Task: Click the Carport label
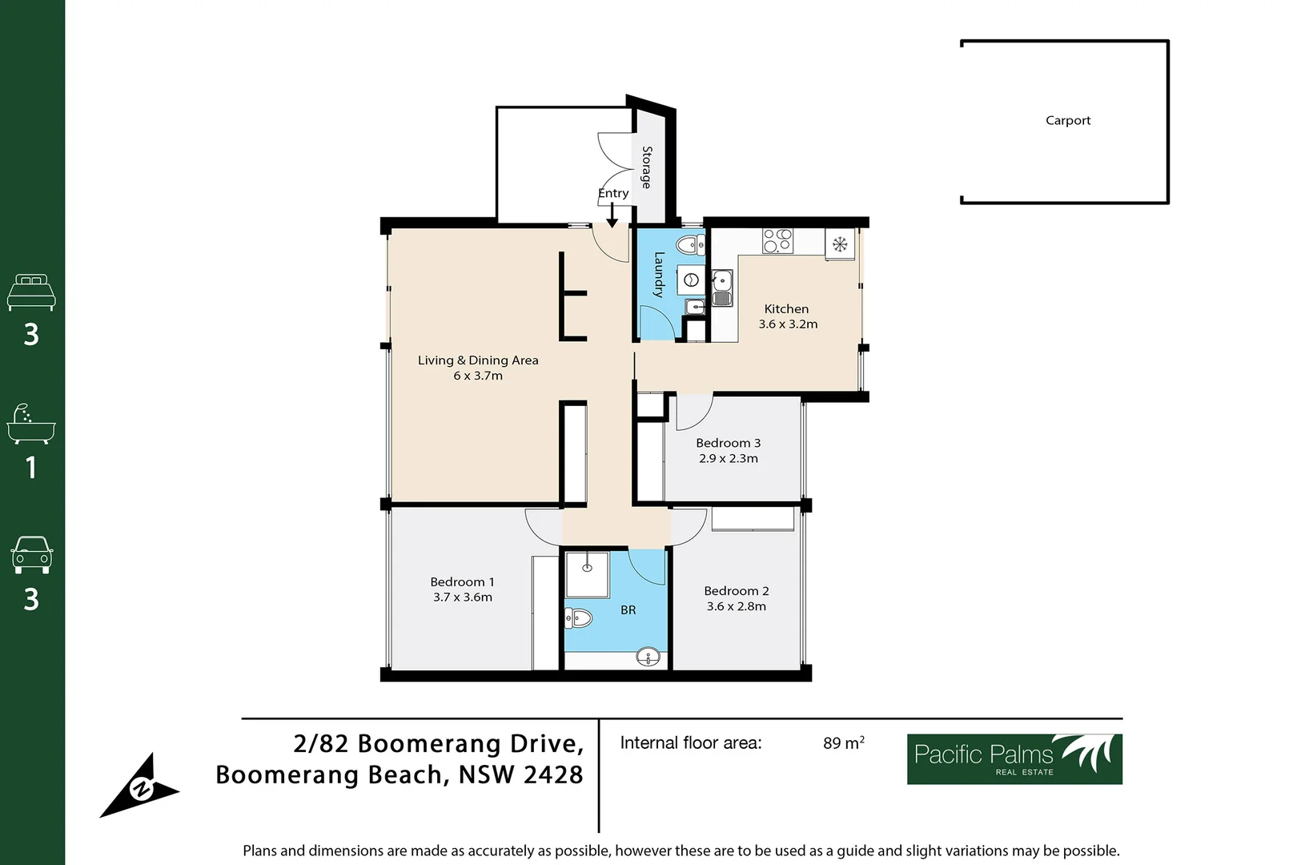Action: (x=1068, y=120)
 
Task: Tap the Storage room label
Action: (x=647, y=167)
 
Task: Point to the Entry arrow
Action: (x=612, y=215)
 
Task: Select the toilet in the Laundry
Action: (x=691, y=245)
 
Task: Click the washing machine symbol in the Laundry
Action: (x=691, y=280)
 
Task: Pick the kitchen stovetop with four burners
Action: (x=777, y=241)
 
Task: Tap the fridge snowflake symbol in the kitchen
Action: (x=840, y=244)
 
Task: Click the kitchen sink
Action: (x=721, y=288)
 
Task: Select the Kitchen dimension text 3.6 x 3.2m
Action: (x=788, y=324)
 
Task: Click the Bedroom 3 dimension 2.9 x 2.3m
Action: (x=729, y=458)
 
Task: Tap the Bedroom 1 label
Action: (x=462, y=581)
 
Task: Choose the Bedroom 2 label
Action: (x=737, y=591)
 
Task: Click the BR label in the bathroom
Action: (x=628, y=610)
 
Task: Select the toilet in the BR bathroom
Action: (x=578, y=618)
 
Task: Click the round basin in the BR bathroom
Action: (x=648, y=657)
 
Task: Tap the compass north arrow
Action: (x=139, y=786)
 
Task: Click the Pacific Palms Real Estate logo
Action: (x=1014, y=759)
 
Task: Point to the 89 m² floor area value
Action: (x=844, y=742)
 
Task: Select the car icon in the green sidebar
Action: (x=32, y=555)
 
